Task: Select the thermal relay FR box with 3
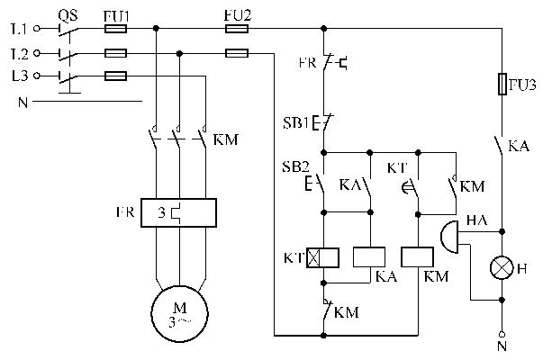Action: pyautogui.click(x=179, y=214)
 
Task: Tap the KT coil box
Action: pyautogui.click(x=322, y=258)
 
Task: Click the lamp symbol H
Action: pyautogui.click(x=501, y=268)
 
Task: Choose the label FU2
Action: pyautogui.click(x=235, y=14)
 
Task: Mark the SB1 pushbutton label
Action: pyautogui.click(x=297, y=121)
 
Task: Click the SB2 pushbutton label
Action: pyautogui.click(x=297, y=167)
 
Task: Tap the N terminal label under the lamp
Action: pyautogui.click(x=501, y=345)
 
